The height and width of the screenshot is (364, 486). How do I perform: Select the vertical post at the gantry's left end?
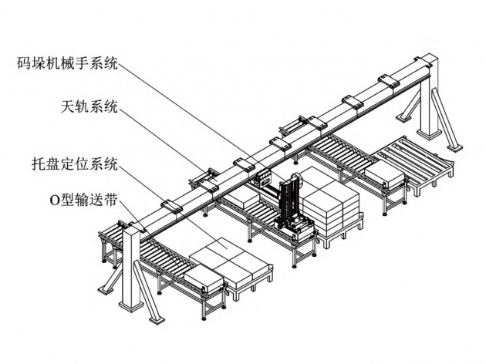pyautogui.click(x=132, y=270)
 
